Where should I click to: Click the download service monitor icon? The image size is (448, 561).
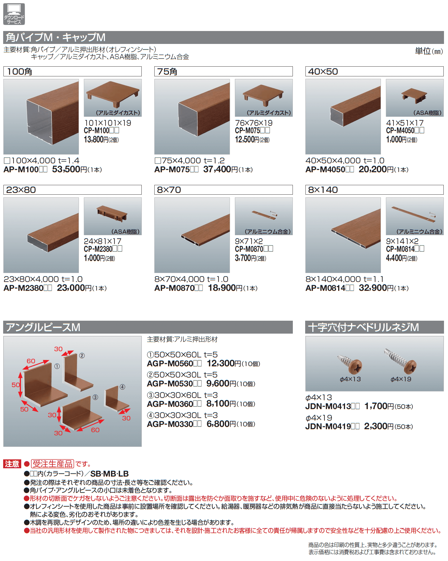[x=14, y=14]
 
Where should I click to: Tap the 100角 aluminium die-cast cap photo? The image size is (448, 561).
[x=113, y=98]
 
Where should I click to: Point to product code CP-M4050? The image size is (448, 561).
[x=400, y=131]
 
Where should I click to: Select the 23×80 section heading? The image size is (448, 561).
[x=21, y=190]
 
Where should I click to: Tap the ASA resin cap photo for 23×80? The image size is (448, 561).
[x=113, y=216]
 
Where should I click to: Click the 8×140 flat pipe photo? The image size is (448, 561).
[x=343, y=235]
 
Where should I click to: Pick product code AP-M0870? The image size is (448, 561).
[x=174, y=288]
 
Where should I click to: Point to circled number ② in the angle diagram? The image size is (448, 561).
[x=82, y=356]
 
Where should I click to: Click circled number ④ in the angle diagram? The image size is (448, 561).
[x=122, y=387]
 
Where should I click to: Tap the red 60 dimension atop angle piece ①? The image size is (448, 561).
[x=31, y=361]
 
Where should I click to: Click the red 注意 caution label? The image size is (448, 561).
[x=12, y=464]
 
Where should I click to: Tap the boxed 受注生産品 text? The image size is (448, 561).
[x=52, y=464]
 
